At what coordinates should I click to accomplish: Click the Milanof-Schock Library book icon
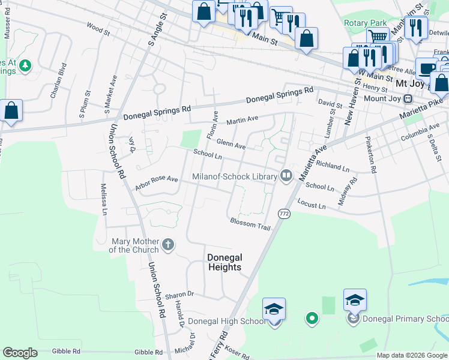(286, 176)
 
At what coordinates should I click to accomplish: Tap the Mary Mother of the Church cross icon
(169, 245)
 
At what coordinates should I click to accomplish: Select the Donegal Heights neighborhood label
(224, 262)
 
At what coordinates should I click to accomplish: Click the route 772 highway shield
(284, 214)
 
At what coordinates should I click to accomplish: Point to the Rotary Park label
(365, 23)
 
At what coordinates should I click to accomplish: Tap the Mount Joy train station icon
(408, 98)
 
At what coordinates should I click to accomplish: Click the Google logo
(20, 353)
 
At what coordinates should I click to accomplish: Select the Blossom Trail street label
(250, 224)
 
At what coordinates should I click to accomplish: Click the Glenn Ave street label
(231, 145)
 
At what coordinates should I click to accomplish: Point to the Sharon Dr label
(179, 294)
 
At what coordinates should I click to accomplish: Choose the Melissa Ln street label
(104, 199)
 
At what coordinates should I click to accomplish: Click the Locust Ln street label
(312, 206)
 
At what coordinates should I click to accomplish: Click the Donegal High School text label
(226, 321)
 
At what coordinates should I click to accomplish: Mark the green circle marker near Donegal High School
(311, 318)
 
